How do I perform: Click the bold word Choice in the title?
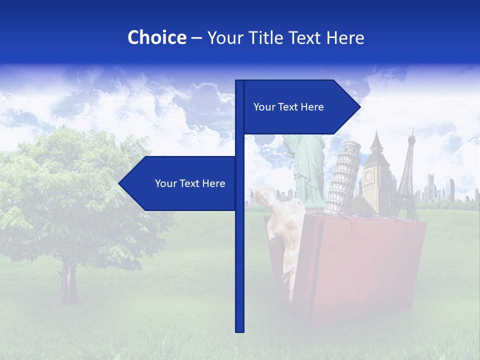(x=156, y=37)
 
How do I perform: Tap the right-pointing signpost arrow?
(x=300, y=107)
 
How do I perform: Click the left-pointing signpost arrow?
(x=180, y=183)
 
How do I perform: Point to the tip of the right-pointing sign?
(x=359, y=107)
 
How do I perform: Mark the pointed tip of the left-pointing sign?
(x=120, y=183)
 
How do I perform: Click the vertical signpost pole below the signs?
(x=239, y=275)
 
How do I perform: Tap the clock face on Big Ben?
(x=369, y=176)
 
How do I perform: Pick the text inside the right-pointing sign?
(x=288, y=107)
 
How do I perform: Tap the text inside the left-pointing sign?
(x=190, y=183)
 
